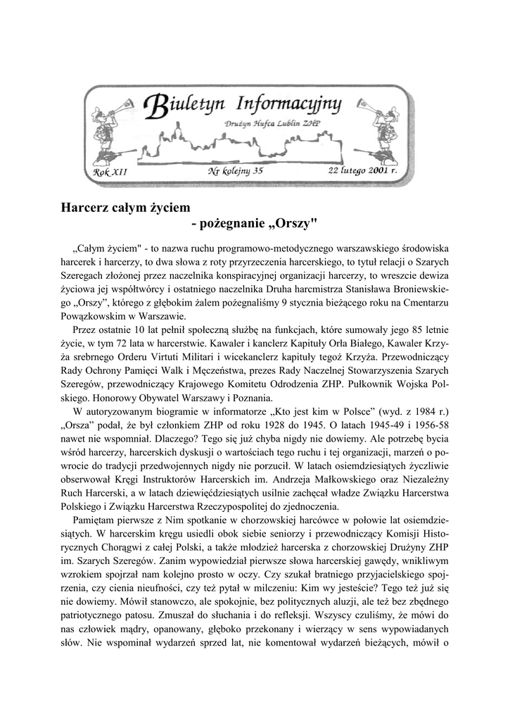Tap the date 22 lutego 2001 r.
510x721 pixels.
tap(362, 170)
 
